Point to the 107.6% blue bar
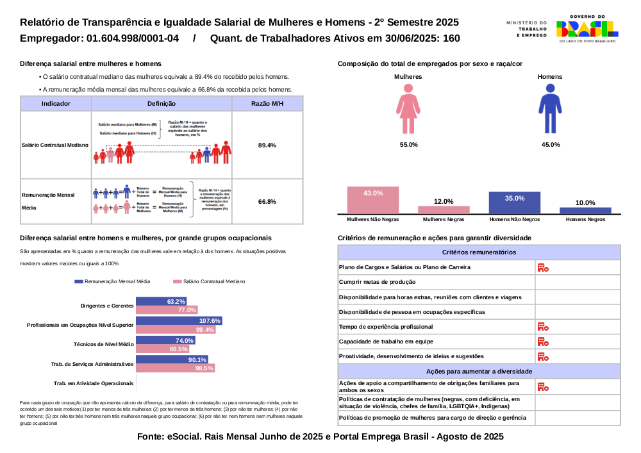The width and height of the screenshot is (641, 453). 179,320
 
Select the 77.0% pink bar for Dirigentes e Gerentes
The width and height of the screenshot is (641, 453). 167,310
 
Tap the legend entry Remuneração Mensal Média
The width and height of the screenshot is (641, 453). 113,281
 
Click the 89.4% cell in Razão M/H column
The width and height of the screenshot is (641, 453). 267,145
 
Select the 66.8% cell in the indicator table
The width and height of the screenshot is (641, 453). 267,202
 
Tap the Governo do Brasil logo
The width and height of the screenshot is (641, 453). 587,28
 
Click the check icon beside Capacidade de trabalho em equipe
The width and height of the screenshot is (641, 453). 542,342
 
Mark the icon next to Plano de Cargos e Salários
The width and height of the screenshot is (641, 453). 542,267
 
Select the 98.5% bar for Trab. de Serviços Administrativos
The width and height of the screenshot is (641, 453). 175,368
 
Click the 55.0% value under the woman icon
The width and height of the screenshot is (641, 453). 408,145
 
